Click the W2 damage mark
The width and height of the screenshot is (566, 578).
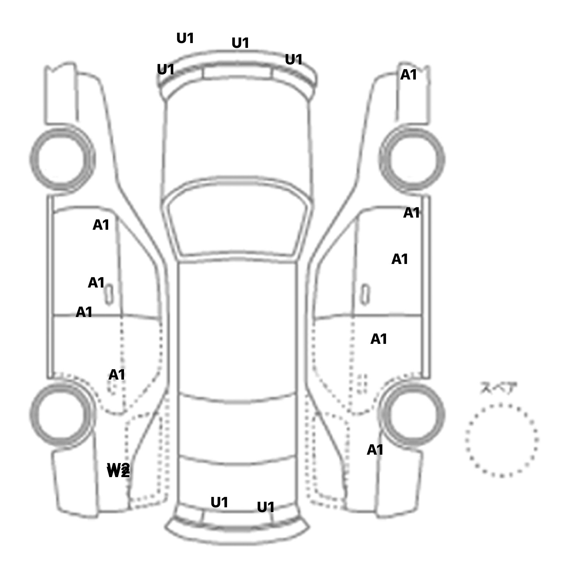pyautogui.click(x=118, y=470)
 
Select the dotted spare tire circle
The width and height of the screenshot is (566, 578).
pyautogui.click(x=501, y=440)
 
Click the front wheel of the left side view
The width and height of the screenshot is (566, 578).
pyautogui.click(x=62, y=159)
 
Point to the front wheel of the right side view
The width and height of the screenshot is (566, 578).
pyautogui.click(x=413, y=160)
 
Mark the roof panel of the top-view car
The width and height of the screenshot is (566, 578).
pyautogui.click(x=237, y=328)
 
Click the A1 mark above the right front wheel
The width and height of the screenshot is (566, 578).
pyautogui.click(x=408, y=75)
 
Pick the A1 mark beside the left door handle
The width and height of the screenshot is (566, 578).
pyautogui.click(x=96, y=283)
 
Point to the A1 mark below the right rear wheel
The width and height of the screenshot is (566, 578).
pyautogui.click(x=375, y=450)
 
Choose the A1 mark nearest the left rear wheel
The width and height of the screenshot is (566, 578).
pyautogui.click(x=117, y=375)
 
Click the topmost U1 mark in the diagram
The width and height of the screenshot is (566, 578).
pyautogui.click(x=185, y=38)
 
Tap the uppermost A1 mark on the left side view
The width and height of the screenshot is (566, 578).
pyautogui.click(x=101, y=225)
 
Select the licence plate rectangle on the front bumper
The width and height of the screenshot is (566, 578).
pyautogui.click(x=237, y=73)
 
